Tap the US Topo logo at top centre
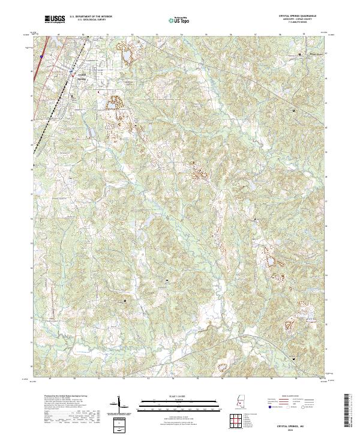pyautogui.click(x=181, y=22)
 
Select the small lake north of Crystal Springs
pyautogui.click(x=127, y=56)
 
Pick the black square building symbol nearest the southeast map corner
pyautogui.click(x=293, y=358)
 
